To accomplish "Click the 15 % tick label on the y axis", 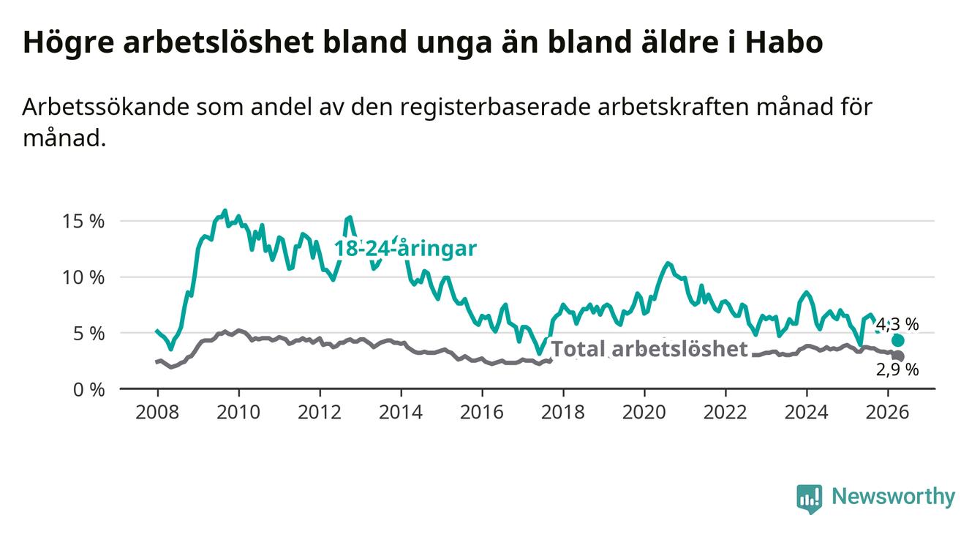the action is (83, 222).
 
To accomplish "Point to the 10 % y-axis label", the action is (83, 277).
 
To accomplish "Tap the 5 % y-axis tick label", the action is (88, 334).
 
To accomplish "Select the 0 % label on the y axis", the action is (88, 389).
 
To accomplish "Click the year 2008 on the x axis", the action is (157, 413).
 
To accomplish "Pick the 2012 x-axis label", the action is (320, 413).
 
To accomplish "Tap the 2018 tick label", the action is (562, 413).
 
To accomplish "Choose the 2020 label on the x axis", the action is (644, 413).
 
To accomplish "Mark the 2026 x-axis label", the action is (887, 413).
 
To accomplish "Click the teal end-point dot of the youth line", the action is (898, 340).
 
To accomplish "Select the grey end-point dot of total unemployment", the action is (898, 356).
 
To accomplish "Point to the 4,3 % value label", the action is (897, 324).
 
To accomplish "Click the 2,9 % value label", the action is (897, 369).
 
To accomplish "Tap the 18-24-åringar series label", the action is (405, 249).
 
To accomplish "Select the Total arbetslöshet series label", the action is (649, 349).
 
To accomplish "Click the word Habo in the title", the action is (784, 42).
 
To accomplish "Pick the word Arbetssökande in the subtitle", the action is (105, 107).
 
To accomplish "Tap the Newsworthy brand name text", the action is (894, 497).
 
